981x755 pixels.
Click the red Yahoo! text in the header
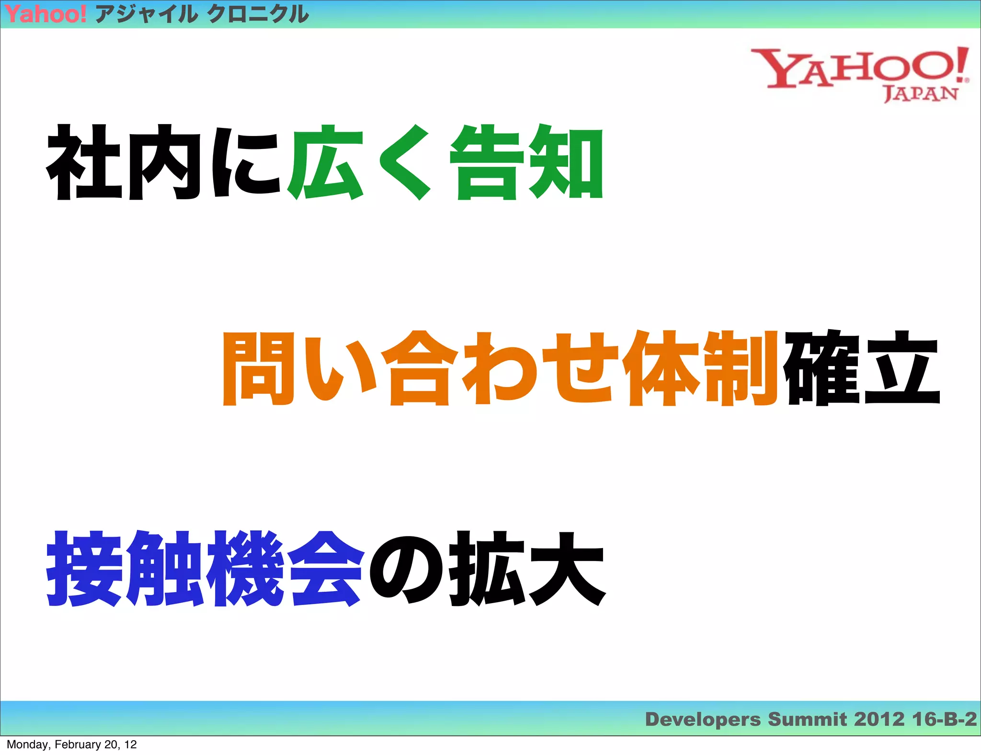[46, 14]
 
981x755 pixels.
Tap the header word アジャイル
[146, 14]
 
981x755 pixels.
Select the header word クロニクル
[258, 14]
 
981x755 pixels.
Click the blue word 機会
[285, 569]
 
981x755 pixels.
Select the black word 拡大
[527, 569]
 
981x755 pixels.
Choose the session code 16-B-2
[944, 720]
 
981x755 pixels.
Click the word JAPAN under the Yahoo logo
[920, 94]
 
